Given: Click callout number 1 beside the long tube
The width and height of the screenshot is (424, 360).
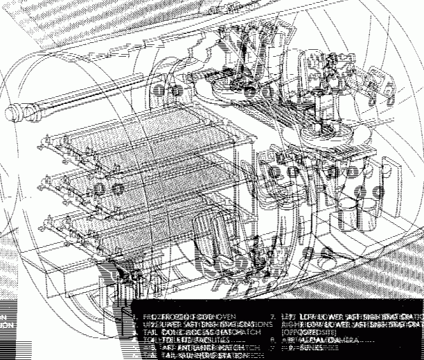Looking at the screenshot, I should tap(159, 91).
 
